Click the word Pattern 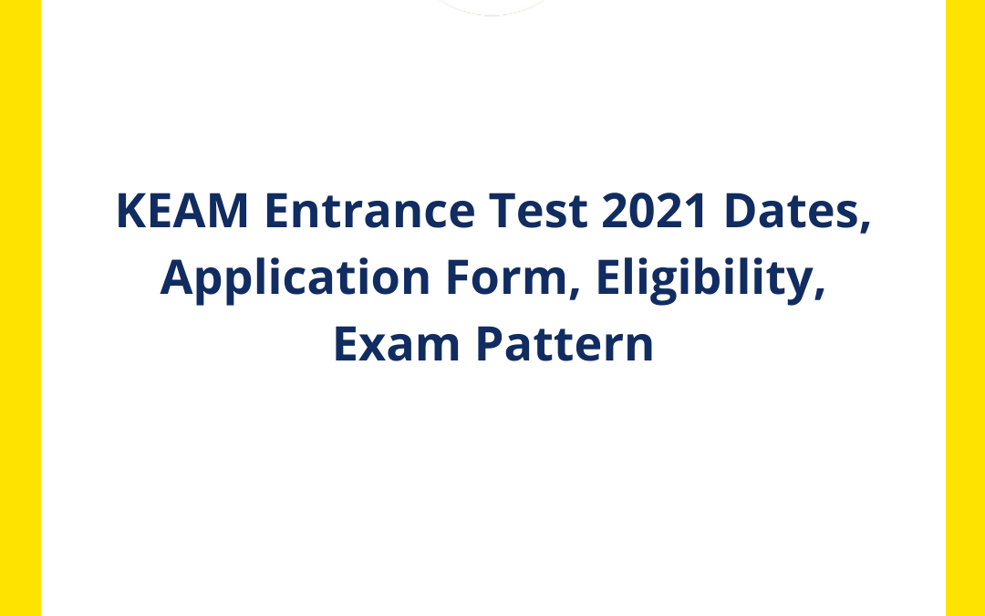click(x=565, y=345)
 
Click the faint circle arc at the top click(x=493, y=13)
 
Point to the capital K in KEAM click(x=129, y=213)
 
